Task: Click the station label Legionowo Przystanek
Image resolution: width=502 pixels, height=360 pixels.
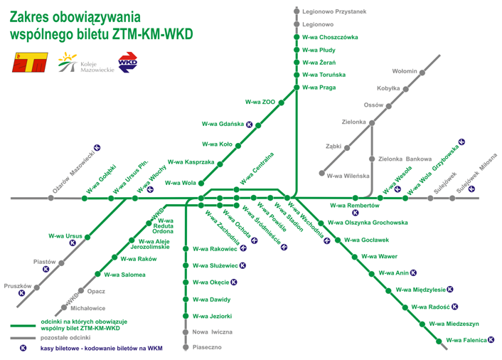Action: pos(333,11)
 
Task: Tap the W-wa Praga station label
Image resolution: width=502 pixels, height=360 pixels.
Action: pos(319,88)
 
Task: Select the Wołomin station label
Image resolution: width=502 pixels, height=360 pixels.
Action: pos(405,71)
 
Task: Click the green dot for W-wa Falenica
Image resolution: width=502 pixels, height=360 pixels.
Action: pos(439,341)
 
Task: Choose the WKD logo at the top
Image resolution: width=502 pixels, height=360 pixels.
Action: pos(128,63)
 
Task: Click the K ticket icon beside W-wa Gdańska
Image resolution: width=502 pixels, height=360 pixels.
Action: pos(249,123)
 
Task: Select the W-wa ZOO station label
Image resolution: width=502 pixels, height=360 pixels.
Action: pos(260,102)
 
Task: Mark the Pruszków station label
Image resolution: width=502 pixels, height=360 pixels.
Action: pos(15,285)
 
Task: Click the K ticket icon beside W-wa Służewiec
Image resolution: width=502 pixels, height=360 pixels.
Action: pos(242,266)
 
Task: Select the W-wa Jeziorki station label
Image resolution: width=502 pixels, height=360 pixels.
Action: pos(212,315)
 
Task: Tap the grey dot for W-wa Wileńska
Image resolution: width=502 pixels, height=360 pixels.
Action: pos(321,174)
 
